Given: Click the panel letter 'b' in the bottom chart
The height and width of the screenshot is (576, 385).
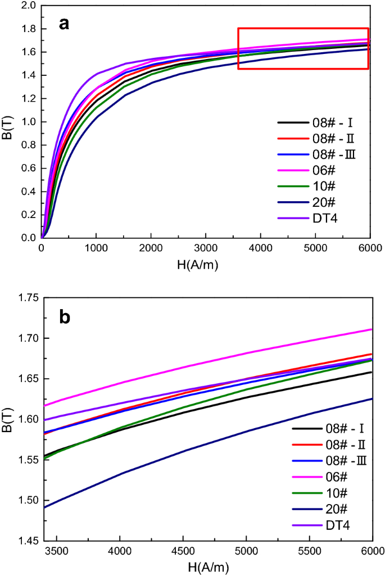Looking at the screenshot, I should [x=65, y=317].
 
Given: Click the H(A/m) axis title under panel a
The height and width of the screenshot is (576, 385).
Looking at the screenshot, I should [x=207, y=264].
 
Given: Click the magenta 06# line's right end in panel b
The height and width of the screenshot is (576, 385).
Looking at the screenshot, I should [x=372, y=329].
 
